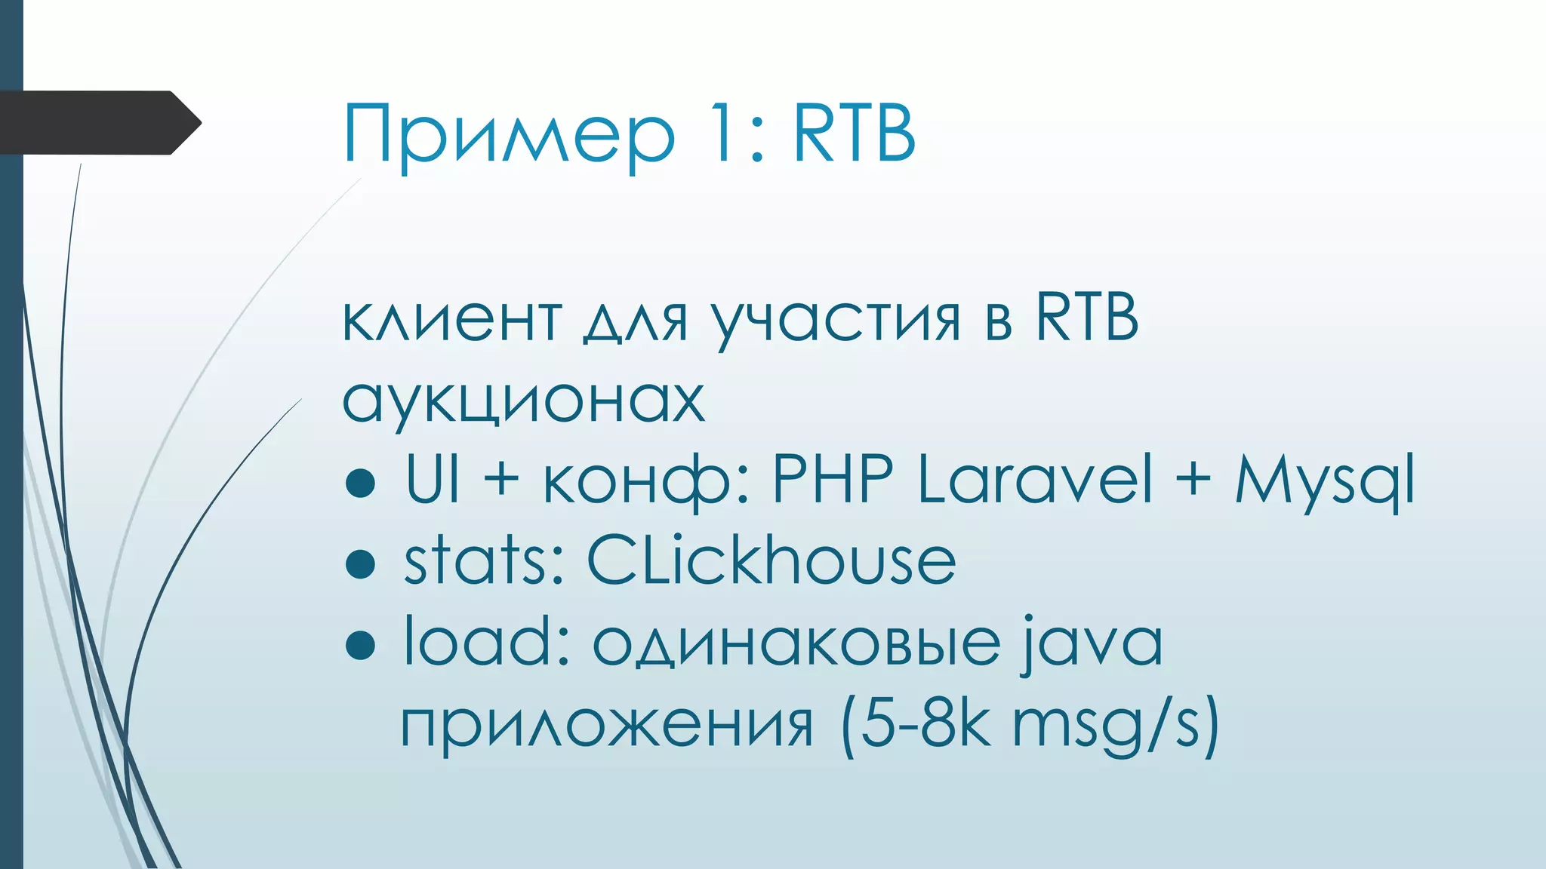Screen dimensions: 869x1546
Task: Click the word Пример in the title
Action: pos(508,134)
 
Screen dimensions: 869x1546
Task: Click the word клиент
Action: pos(451,318)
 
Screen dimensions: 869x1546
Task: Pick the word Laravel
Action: pos(1035,480)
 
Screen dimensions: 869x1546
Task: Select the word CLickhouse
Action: pos(771,561)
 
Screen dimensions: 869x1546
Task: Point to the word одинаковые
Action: pos(796,643)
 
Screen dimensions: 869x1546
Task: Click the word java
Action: pos(1092,643)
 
